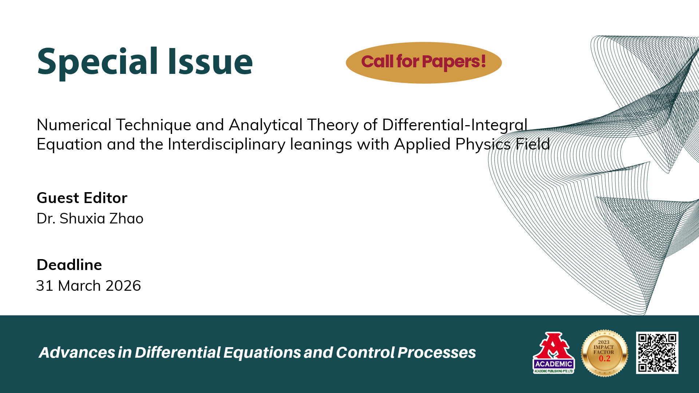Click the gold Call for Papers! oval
(424, 63)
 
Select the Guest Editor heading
(82, 198)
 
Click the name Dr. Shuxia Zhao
(90, 218)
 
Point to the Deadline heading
(69, 265)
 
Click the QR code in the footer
(657, 353)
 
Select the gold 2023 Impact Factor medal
(604, 353)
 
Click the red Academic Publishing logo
(553, 353)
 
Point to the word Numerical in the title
(74, 125)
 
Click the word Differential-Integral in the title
(455, 125)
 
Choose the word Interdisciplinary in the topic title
(226, 144)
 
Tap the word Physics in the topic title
(483, 144)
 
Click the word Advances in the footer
(77, 352)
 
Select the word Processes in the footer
(437, 352)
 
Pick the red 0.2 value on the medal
(605, 358)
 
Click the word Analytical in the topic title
(266, 125)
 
